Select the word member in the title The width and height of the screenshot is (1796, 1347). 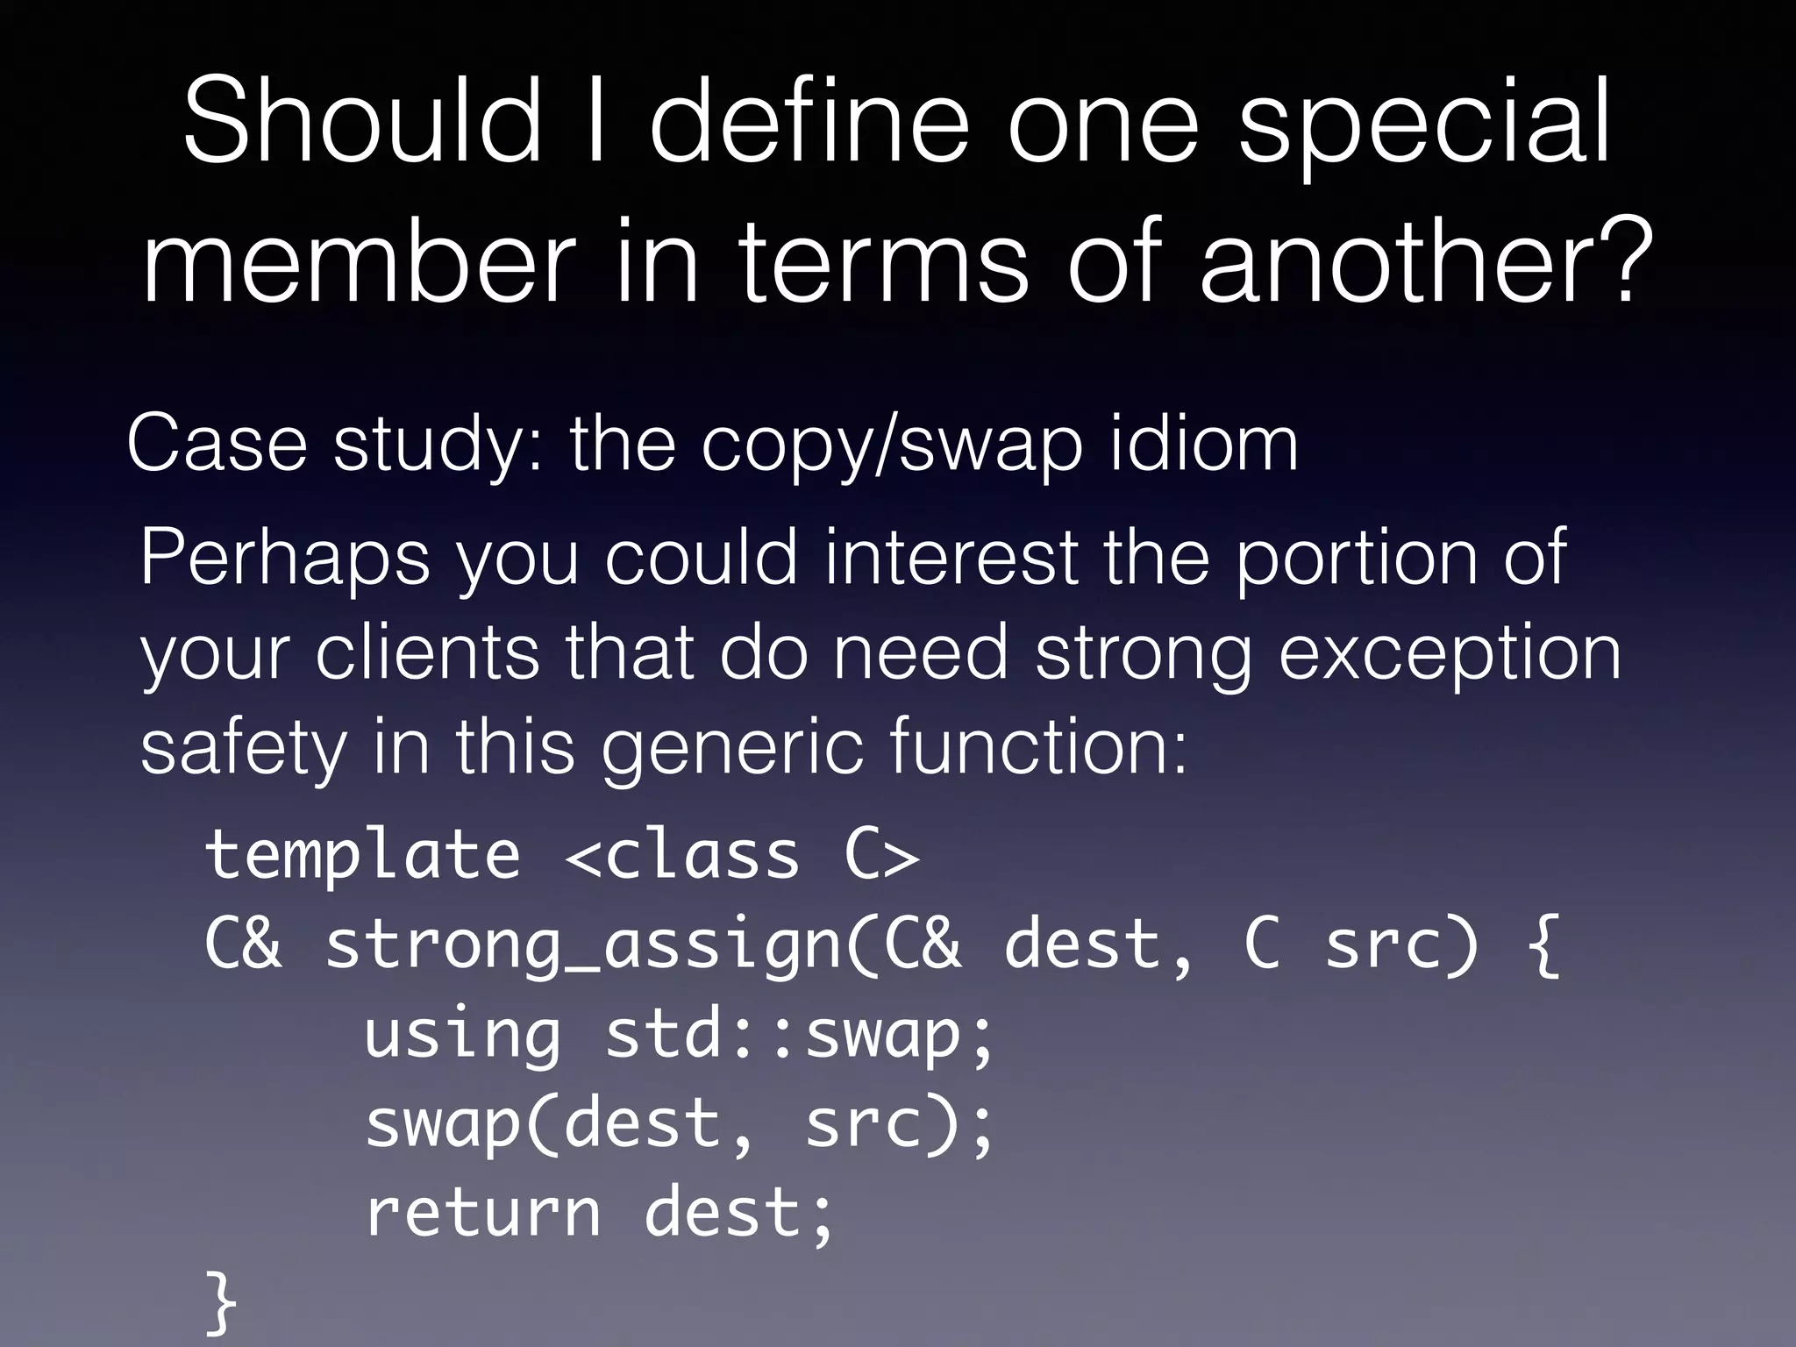pos(358,260)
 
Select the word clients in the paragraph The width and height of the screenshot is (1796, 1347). pos(427,653)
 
